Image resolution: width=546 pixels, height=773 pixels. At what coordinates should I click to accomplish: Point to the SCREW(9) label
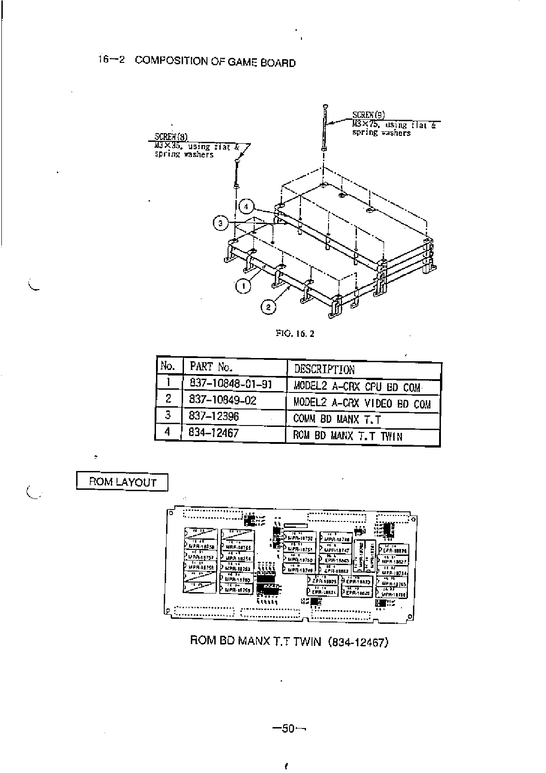pos(368,115)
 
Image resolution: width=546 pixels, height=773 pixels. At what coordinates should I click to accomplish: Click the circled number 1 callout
pos(243,286)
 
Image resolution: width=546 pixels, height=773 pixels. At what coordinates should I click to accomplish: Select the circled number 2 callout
pos(268,306)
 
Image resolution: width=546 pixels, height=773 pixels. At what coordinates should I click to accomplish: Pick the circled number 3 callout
pos(221,224)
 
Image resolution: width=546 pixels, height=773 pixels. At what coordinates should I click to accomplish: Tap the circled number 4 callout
pos(246,207)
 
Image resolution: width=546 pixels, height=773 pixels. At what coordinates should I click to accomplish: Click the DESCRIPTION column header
pos(324,370)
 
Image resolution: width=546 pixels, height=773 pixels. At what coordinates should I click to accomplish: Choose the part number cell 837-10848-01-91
pos(230,383)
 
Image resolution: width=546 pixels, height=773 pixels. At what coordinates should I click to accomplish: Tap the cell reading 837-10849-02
pos(223,400)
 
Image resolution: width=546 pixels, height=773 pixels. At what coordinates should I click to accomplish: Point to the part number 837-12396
pos(213,416)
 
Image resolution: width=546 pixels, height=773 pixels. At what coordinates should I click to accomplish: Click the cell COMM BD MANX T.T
pos(337,419)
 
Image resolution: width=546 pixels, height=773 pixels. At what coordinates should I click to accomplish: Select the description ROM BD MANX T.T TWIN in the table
pos(347,436)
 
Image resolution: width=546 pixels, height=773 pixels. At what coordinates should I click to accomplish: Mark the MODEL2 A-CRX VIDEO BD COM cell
pos(362,403)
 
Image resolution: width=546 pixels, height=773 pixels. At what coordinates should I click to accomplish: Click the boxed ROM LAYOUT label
pos(122,482)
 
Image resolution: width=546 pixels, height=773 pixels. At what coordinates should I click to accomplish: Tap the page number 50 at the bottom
pos(288,728)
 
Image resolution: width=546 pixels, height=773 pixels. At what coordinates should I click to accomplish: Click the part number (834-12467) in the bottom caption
pos(358,641)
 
